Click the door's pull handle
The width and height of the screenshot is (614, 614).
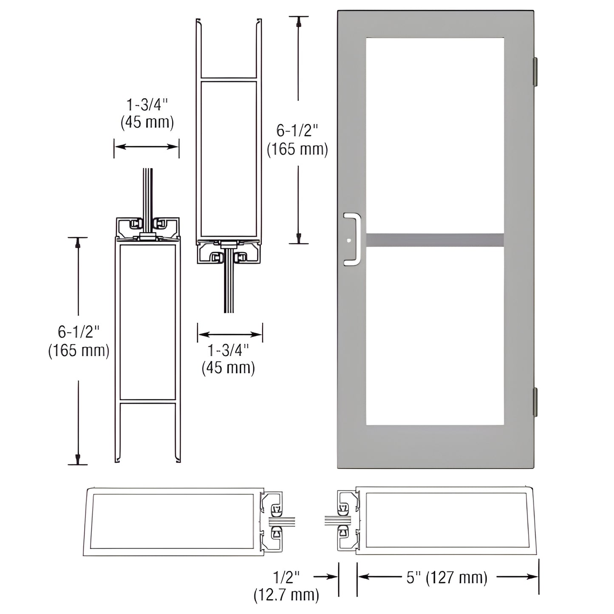(x=353, y=239)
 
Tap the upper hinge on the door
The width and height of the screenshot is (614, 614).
(x=535, y=71)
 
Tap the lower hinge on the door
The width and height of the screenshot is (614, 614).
(x=535, y=402)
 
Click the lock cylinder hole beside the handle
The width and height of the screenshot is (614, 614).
(x=349, y=240)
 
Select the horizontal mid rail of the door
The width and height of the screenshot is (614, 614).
(x=435, y=240)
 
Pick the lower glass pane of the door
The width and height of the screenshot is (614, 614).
(x=435, y=336)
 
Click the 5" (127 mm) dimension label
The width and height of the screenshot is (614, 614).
(x=447, y=577)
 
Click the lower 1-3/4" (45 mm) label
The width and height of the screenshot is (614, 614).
(x=228, y=359)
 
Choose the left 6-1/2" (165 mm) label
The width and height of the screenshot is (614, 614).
(x=79, y=341)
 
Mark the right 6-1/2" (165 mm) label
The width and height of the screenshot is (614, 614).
(x=297, y=140)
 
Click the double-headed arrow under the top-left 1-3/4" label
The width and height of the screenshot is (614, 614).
(x=147, y=147)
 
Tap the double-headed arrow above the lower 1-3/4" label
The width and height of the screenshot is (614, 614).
(x=229, y=334)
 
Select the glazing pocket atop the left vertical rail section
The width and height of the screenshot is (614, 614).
(x=148, y=228)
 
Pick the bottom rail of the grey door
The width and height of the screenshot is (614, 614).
(x=435, y=446)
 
